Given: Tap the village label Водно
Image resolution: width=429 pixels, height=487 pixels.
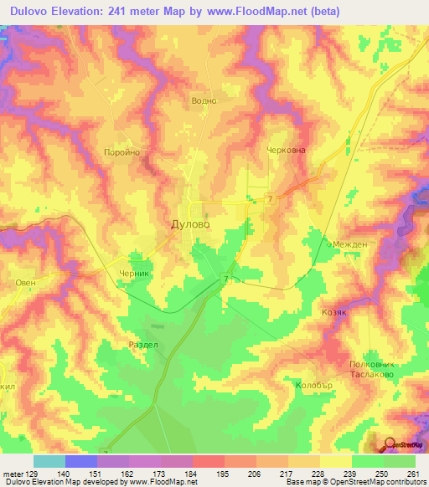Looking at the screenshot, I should (204, 100).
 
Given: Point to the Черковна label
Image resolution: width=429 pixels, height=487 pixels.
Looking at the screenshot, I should (287, 151).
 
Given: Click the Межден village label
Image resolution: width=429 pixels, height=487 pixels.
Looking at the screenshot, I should (349, 244).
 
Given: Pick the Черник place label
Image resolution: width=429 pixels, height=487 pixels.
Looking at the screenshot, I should (133, 273).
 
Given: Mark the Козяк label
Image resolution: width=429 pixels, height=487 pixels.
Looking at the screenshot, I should (334, 310).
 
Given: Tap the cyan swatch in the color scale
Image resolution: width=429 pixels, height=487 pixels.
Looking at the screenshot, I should (49, 461).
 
